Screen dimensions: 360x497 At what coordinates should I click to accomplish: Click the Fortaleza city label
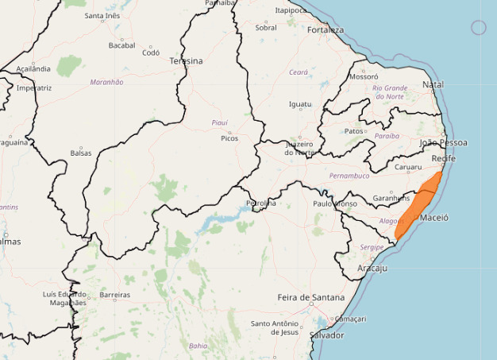[x=326, y=30]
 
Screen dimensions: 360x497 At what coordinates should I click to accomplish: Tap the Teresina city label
[x=186, y=61]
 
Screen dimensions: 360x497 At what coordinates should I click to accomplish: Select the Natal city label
[x=433, y=84]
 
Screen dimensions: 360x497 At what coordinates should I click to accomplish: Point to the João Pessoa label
[x=443, y=143]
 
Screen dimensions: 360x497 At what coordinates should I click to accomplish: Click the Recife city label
[x=443, y=159]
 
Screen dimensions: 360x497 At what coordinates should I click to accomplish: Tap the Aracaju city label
[x=372, y=269]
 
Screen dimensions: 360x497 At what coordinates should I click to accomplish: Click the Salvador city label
[x=327, y=335]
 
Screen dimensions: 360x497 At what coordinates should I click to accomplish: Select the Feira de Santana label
[x=310, y=297]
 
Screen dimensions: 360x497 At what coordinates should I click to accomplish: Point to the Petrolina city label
[x=261, y=203]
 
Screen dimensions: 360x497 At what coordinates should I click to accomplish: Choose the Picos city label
[x=229, y=138]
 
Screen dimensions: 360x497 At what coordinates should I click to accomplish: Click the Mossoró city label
[x=364, y=77]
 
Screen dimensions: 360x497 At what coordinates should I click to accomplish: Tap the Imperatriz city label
[x=33, y=88]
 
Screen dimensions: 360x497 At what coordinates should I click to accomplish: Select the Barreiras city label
[x=114, y=295]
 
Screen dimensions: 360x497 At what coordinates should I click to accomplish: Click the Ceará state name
[x=298, y=72]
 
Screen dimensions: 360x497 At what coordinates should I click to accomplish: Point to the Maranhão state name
[x=106, y=82]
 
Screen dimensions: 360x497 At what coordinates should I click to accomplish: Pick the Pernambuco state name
[x=349, y=176]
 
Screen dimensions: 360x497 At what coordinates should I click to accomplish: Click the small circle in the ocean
[x=478, y=28]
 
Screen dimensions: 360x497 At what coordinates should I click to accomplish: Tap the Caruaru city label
[x=408, y=168]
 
